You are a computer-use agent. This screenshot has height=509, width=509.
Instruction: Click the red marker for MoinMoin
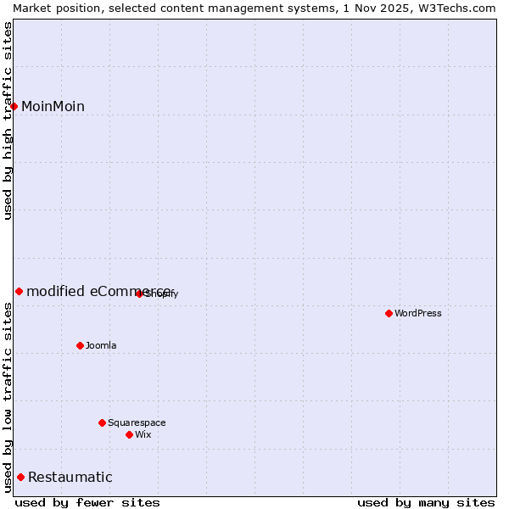tap(14, 106)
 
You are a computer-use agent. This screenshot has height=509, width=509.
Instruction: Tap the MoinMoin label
tap(53, 106)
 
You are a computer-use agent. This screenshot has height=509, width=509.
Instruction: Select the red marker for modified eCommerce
tap(19, 291)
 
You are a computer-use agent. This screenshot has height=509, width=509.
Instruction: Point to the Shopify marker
tap(139, 294)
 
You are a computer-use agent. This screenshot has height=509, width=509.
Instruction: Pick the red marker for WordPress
tap(389, 313)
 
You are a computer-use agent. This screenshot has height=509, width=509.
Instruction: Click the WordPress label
tap(418, 313)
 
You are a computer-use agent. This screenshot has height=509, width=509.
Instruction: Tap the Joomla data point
tap(80, 345)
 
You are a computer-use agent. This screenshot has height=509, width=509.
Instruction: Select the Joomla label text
tap(101, 345)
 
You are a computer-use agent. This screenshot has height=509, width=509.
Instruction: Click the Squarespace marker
tap(102, 422)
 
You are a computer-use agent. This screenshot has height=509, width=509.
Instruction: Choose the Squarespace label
tap(137, 422)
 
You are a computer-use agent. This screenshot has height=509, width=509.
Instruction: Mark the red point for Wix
tap(129, 434)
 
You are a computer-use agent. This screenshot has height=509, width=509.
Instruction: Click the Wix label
tap(143, 434)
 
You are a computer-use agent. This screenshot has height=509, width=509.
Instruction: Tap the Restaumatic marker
tap(20, 477)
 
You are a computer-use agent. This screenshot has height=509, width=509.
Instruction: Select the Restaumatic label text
tap(70, 477)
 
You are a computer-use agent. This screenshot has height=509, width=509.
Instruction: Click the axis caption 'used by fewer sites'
tap(87, 502)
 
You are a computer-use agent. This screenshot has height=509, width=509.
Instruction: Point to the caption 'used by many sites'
tap(425, 502)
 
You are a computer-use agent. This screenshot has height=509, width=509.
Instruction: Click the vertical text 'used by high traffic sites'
tap(8, 120)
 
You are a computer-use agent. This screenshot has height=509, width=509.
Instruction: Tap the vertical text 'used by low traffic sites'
tap(8, 397)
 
